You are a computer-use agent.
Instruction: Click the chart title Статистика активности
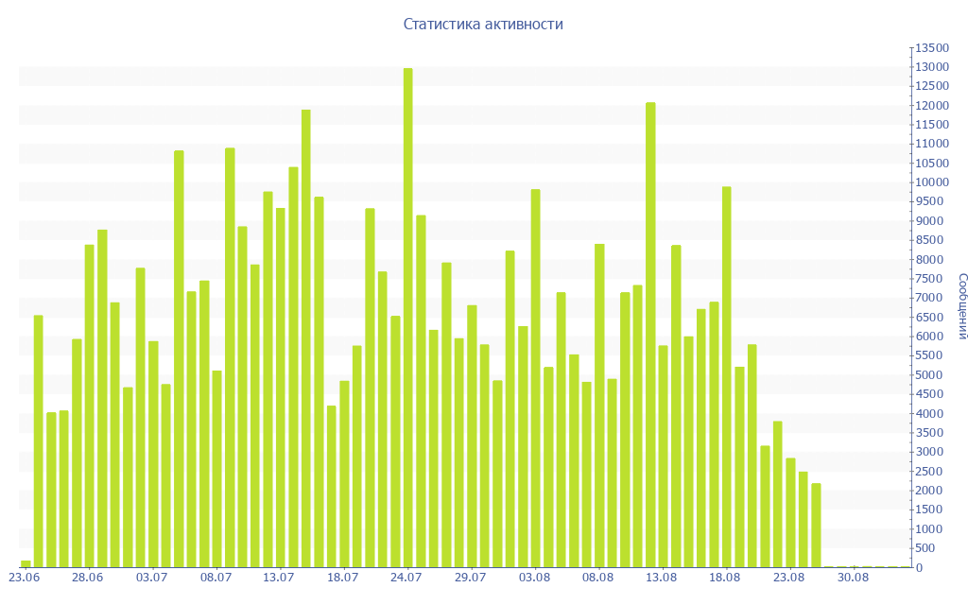483,25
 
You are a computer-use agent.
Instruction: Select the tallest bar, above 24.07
408,318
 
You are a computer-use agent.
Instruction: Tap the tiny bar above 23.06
26,563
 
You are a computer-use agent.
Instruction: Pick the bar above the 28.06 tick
90,406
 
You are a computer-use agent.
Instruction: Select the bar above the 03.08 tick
536,378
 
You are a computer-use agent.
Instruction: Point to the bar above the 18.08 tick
727,377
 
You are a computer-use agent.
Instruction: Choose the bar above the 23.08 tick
790,512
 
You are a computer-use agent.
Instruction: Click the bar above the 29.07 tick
472,436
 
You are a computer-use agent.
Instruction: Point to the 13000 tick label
931,67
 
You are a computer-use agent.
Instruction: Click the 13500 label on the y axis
931,48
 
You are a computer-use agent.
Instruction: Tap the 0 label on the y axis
919,567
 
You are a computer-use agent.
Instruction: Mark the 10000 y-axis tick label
931,182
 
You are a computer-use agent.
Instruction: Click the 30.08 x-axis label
853,578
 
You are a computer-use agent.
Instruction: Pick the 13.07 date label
279,578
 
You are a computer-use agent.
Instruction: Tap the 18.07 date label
343,578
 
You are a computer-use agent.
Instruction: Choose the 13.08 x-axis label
662,578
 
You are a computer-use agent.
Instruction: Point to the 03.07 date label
152,578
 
